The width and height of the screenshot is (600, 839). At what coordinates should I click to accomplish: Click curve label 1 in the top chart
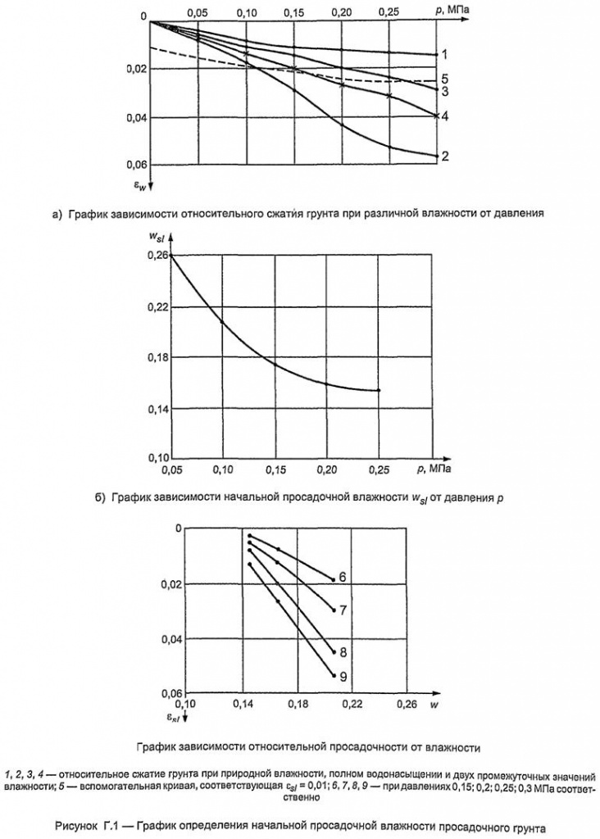[443, 55]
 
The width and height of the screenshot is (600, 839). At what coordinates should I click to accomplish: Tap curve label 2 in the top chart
[443, 156]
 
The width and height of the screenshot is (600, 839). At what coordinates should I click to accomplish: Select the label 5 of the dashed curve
[443, 79]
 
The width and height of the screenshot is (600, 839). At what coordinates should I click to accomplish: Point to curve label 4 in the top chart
[443, 116]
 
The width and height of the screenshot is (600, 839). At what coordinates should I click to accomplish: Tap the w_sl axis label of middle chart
[157, 238]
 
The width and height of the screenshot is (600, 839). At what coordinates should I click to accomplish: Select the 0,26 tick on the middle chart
[157, 256]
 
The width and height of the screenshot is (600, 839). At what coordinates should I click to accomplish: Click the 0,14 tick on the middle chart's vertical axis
[157, 408]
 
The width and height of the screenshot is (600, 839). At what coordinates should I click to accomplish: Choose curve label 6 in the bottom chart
[343, 578]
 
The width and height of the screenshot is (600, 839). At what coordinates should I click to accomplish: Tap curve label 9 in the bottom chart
[343, 676]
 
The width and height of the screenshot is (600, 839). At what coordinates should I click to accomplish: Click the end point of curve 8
[334, 652]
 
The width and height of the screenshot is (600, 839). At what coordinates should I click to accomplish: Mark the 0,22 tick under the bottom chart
[352, 704]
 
